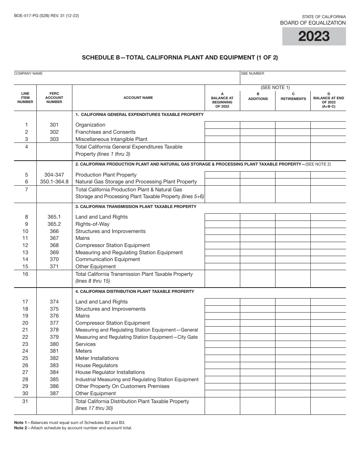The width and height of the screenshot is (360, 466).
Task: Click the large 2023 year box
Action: click(314, 36)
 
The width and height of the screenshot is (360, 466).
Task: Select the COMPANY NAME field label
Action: click(28, 73)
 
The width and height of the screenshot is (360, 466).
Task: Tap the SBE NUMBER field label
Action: click(253, 73)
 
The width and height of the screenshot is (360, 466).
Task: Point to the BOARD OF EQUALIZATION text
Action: click(313, 23)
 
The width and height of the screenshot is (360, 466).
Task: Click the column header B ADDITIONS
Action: click(258, 97)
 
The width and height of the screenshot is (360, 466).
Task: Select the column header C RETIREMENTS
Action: click(293, 97)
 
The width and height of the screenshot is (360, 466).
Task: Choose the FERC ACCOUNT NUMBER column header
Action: click(54, 98)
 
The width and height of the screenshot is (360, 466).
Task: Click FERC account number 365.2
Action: click(54, 224)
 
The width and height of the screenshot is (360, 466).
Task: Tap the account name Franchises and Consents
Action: click(105, 132)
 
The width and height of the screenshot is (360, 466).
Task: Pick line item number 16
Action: click(25, 274)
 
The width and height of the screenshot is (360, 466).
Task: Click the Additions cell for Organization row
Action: click(258, 125)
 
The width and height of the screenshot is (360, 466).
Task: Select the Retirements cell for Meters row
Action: click(293, 351)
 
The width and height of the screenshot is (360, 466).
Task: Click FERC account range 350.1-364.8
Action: click(54, 181)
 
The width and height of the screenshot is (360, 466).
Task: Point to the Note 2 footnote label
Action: click(20, 428)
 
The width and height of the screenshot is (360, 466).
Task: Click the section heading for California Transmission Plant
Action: click(136, 206)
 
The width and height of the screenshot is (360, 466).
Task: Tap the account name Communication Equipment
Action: click(108, 259)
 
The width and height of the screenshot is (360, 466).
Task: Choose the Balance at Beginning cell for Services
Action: click(222, 344)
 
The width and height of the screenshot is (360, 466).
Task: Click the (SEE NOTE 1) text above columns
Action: click(275, 88)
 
